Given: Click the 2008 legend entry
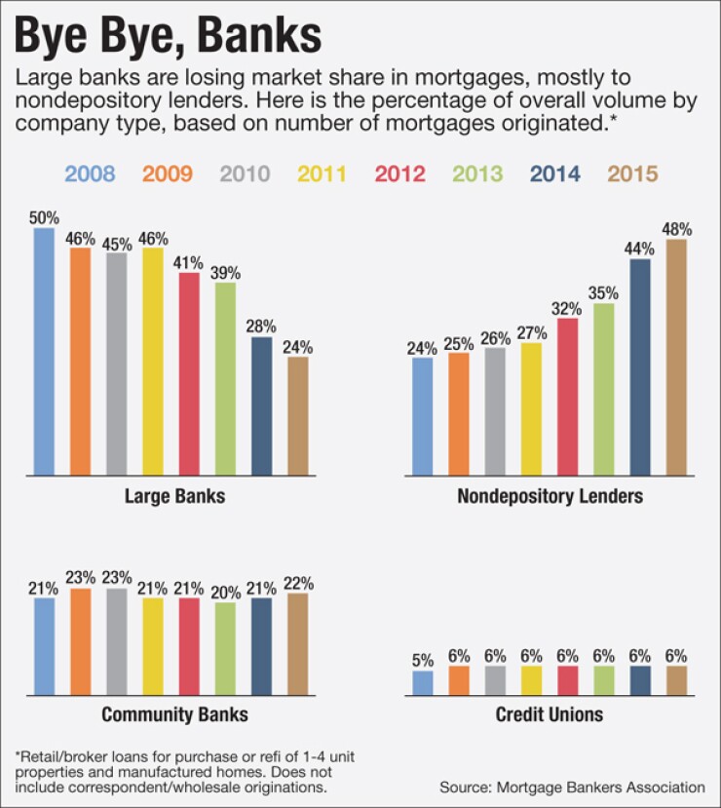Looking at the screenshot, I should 90,174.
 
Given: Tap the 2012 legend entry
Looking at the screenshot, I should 399,174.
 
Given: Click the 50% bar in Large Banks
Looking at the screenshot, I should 44,352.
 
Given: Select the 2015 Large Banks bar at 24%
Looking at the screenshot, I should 298,416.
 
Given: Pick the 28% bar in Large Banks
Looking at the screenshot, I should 261,406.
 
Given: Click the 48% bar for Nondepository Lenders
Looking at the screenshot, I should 676,358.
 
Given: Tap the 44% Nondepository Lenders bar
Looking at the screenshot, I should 640,367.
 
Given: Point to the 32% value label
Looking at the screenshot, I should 567,309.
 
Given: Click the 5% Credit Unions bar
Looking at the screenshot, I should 422,682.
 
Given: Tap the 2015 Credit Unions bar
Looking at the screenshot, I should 676,680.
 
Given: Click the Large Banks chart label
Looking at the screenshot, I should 174,496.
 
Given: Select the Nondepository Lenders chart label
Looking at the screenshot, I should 550,496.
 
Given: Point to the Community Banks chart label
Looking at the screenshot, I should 174,714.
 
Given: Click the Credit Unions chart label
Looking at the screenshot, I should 550,714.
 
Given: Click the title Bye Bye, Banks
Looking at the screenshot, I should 168,35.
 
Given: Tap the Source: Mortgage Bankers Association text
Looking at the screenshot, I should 572,787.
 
